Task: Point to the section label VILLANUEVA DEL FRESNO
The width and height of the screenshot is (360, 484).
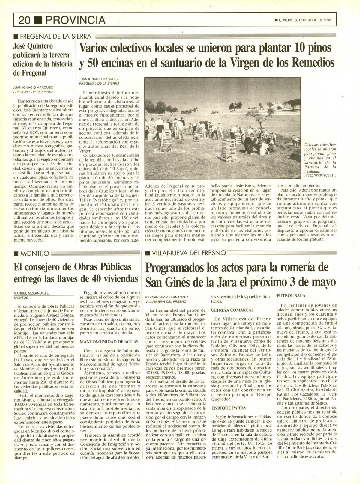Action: (189, 253)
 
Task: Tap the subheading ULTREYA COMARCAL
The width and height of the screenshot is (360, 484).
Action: (232, 310)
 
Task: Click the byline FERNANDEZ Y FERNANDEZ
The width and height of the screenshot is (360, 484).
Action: (167, 297)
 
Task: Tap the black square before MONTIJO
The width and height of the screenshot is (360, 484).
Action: (16, 254)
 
